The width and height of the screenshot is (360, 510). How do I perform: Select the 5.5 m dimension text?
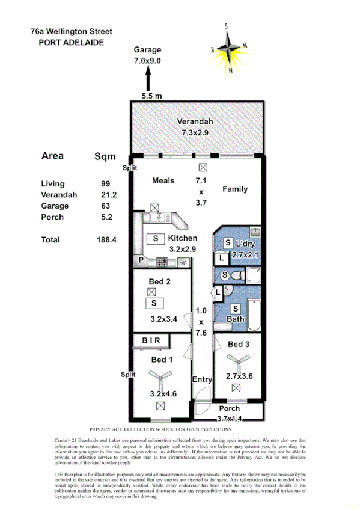point(151,96)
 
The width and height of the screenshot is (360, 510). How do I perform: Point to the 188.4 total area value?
point(106,239)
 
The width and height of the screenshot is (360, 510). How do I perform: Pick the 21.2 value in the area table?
point(108,195)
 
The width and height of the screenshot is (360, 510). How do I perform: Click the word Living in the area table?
point(53,184)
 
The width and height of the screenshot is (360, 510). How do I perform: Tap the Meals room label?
point(163,180)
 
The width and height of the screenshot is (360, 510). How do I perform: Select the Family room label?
point(235,189)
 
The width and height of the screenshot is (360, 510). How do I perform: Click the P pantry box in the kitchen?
point(141,261)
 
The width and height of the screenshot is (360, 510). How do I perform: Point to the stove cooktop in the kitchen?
point(162,262)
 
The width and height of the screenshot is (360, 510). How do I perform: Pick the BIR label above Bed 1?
point(151,341)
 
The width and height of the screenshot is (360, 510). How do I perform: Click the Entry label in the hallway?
point(202,379)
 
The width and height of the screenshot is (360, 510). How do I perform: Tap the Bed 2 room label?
point(160,281)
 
